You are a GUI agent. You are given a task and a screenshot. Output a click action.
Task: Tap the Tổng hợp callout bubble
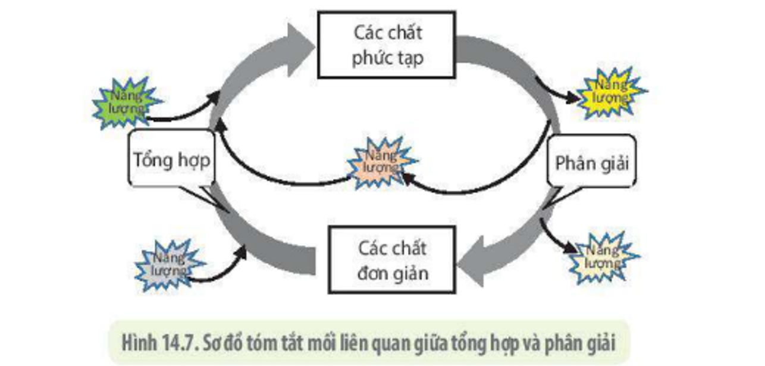click(171, 160)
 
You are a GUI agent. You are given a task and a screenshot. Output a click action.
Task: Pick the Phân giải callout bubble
click(591, 162)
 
